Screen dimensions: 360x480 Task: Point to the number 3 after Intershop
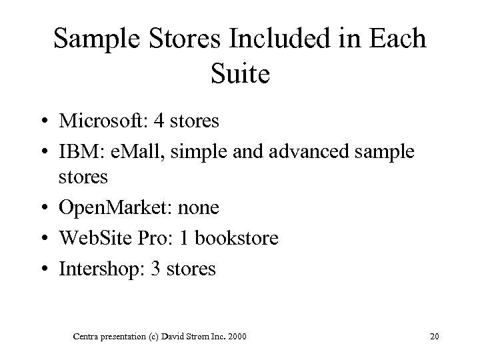[x=166, y=269]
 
